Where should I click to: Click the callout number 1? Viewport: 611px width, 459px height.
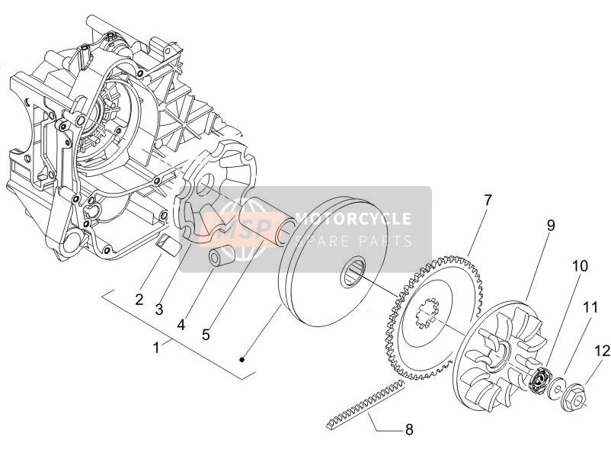156,348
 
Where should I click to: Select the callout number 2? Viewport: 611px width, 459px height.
139,300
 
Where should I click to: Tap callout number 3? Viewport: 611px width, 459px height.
158,310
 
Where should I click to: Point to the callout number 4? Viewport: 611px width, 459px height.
181,325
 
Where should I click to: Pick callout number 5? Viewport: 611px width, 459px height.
206,334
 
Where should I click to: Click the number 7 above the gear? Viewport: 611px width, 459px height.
488,201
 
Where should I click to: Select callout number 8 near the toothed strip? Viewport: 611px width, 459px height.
409,429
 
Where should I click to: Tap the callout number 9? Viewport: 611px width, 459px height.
550,226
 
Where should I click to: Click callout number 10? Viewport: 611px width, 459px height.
580,266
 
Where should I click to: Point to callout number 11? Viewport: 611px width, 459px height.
590,308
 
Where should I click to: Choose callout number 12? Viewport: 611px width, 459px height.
603,351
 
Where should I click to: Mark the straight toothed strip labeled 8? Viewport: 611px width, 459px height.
364,404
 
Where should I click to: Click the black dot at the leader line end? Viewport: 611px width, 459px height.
242,359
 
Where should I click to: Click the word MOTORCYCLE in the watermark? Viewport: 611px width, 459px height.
353,218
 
